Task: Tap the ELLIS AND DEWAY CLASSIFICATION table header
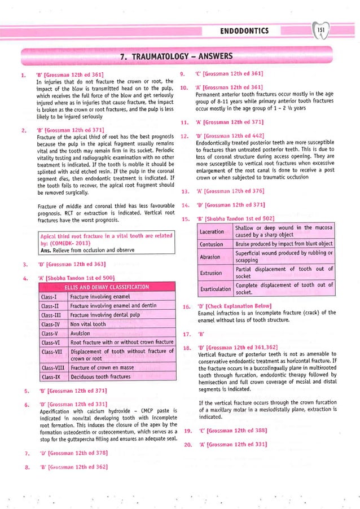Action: point(106,287)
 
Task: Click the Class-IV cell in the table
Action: point(51,324)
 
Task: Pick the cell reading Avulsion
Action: point(83,333)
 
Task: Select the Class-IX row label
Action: point(51,376)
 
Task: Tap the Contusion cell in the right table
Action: point(214,244)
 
